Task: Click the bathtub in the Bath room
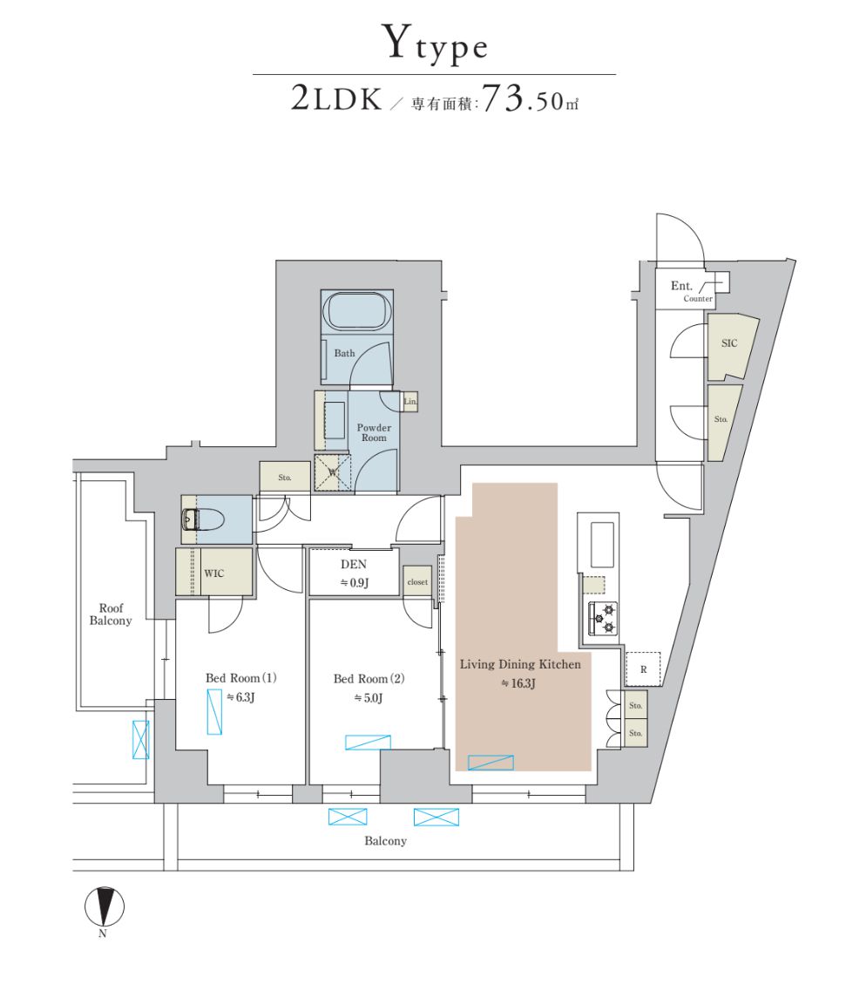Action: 357,311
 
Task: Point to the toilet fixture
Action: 203,520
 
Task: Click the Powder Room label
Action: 374,432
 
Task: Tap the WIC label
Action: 214,573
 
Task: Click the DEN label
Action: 354,565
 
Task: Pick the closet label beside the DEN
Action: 417,581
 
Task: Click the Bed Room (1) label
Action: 241,678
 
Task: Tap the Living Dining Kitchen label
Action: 519,664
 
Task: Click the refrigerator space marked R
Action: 643,669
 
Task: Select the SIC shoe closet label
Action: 729,343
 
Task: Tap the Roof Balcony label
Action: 111,614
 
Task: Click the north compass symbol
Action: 104,906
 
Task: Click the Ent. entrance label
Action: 681,286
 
